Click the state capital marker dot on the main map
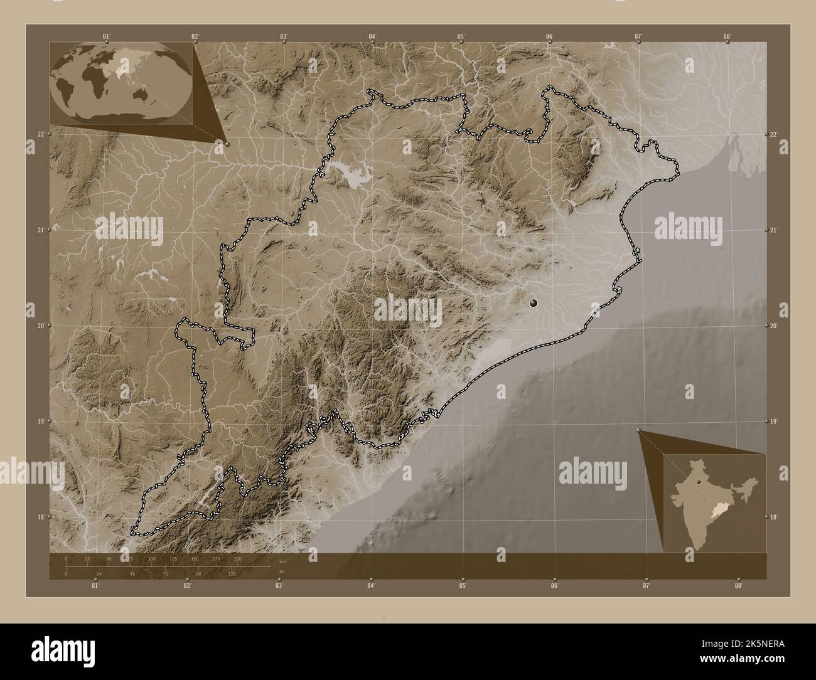point(534,303)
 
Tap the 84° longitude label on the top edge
point(372,36)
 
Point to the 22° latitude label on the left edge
point(40,134)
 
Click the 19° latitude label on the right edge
point(774,422)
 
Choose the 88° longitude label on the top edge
point(727,36)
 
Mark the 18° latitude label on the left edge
point(40,518)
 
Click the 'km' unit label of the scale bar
point(282,561)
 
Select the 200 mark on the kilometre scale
point(237,558)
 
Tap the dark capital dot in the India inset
point(697,482)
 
